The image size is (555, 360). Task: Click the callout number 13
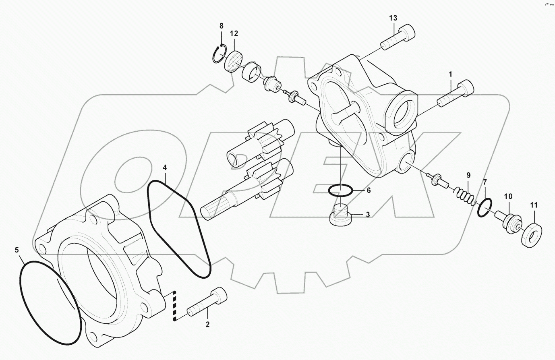click(393, 18)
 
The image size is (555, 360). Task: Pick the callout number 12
click(234, 33)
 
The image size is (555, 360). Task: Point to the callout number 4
click(164, 167)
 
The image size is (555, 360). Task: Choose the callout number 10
click(508, 197)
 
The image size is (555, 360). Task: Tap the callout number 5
click(17, 250)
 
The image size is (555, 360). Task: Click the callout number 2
click(207, 324)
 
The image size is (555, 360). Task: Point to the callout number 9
click(468, 175)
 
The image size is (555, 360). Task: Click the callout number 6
click(368, 190)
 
